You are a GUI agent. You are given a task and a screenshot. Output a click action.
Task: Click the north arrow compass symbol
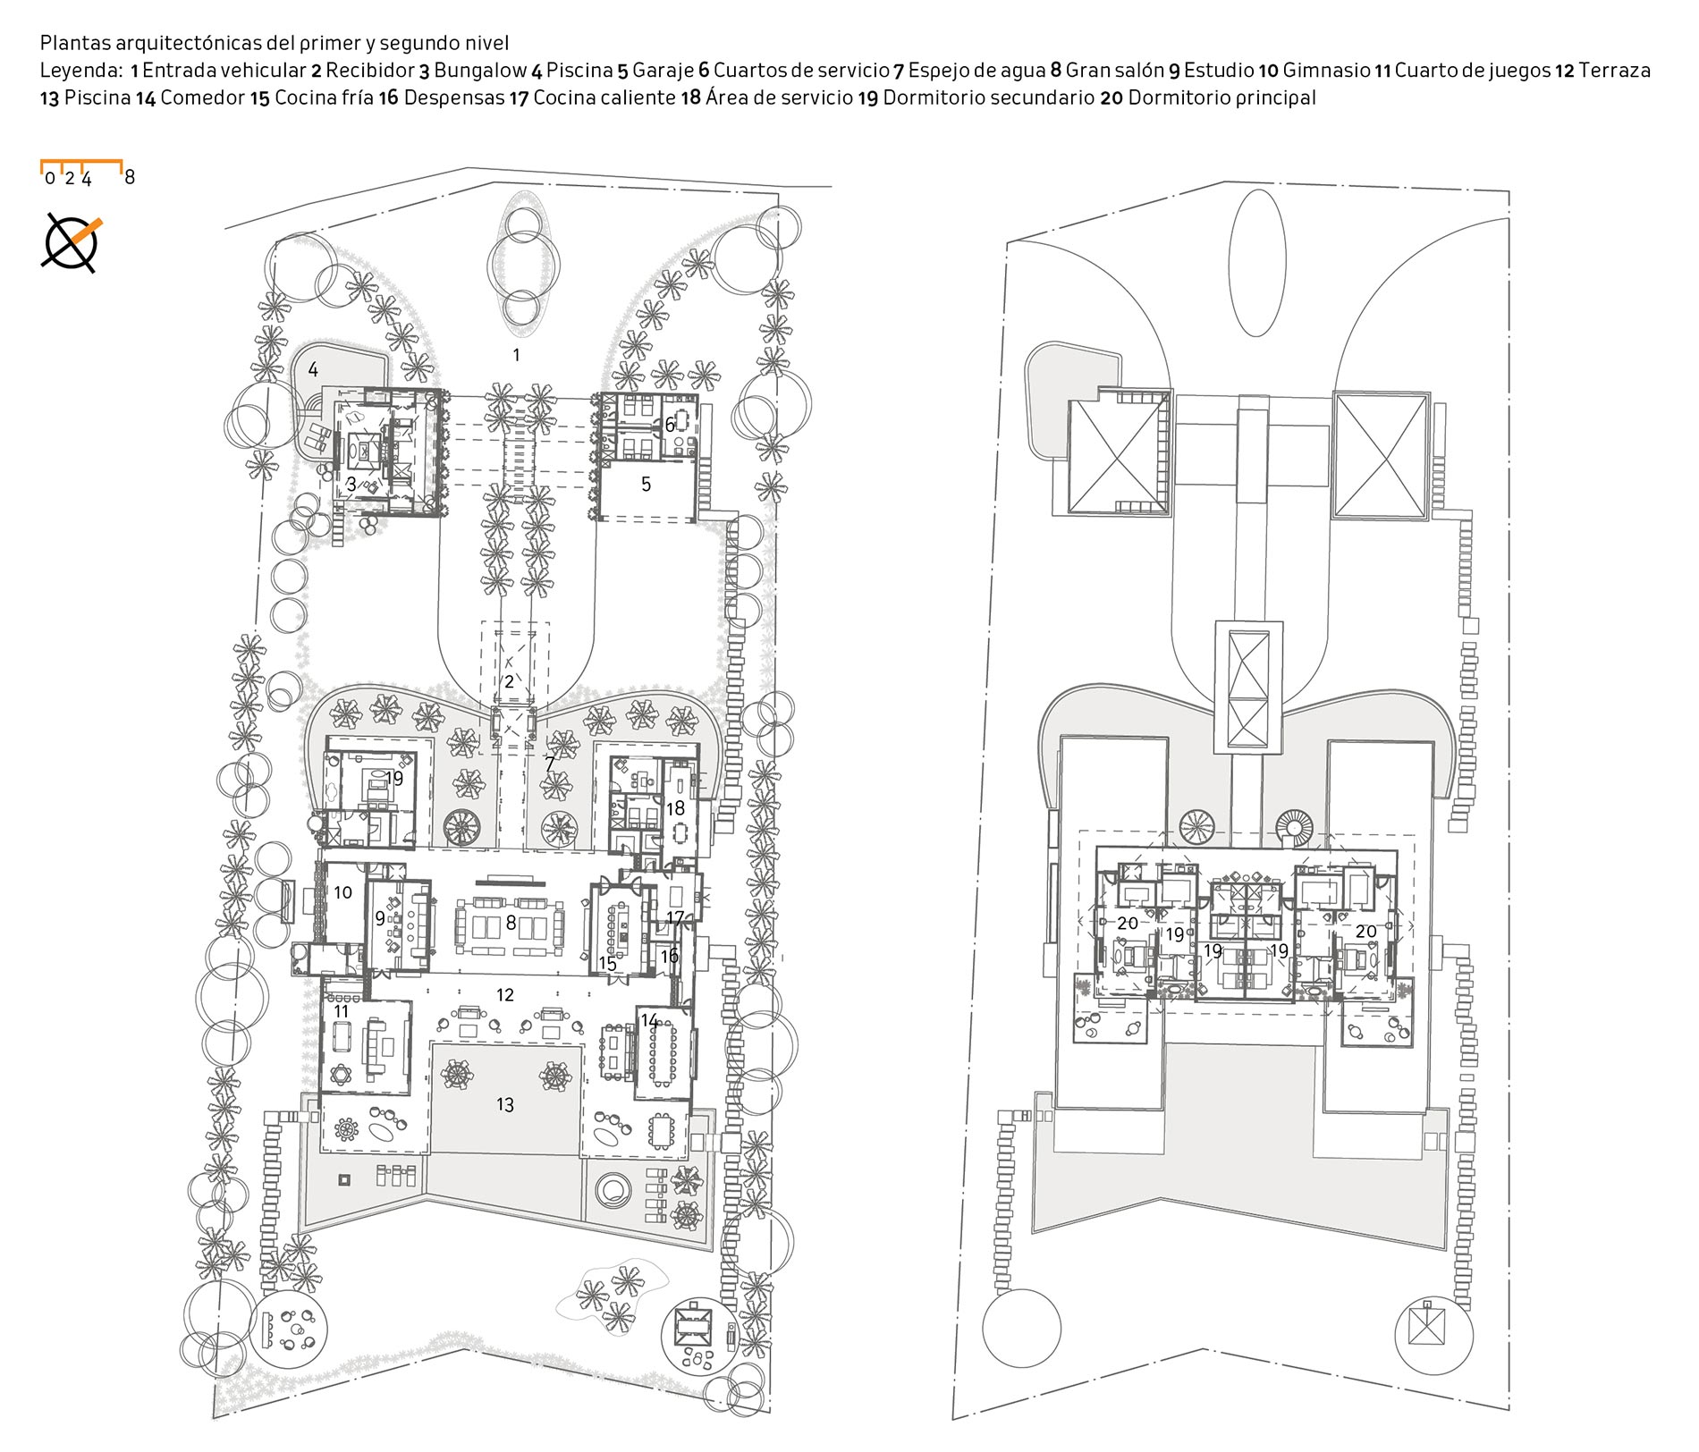[x=72, y=242]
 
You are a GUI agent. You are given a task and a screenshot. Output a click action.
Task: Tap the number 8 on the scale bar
[x=130, y=177]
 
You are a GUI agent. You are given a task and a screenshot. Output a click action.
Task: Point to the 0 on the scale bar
[x=50, y=178]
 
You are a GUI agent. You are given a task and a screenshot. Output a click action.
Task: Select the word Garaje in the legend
[x=663, y=70]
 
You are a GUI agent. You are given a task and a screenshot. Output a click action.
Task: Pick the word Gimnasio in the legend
[x=1326, y=70]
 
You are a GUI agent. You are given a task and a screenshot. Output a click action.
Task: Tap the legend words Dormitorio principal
[x=1221, y=97]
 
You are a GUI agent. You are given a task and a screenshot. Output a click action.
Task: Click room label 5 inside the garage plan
[x=646, y=485]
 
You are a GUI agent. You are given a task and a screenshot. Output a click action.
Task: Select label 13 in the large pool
[x=505, y=1105]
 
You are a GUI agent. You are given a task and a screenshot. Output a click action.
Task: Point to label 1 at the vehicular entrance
[x=516, y=355]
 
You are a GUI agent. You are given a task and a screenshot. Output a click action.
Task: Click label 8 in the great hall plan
[x=511, y=923]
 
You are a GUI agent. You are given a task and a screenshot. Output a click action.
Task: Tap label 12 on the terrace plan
[x=505, y=994]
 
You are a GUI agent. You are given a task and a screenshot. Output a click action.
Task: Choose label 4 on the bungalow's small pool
[x=313, y=368]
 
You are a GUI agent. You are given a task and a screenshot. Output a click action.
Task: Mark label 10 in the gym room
[x=342, y=892]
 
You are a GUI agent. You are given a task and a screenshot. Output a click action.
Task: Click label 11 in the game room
[x=341, y=1011]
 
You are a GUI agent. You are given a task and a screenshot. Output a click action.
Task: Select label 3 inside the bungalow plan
[x=351, y=484]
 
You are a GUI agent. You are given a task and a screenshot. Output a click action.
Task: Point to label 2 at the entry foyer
[x=510, y=681]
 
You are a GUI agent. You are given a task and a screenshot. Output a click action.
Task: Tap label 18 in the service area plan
[x=675, y=808]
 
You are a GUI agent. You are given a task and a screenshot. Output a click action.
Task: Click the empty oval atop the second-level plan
[x=1257, y=262]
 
